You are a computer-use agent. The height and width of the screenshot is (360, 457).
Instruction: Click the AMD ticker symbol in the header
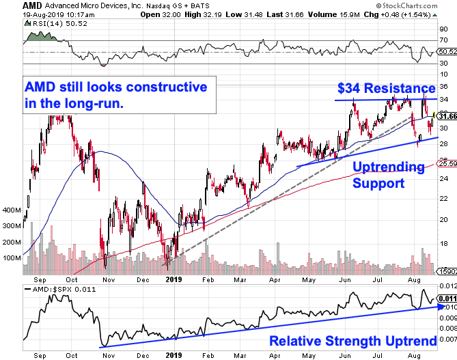click(32, 5)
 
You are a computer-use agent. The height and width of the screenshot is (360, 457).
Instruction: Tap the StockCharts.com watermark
click(406, 5)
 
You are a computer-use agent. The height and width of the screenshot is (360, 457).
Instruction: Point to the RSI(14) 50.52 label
click(59, 24)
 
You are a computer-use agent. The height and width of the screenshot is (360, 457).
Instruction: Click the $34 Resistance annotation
click(387, 88)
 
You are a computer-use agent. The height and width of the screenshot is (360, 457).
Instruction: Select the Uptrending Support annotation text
click(389, 175)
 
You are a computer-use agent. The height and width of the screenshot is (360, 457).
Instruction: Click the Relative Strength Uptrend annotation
click(353, 341)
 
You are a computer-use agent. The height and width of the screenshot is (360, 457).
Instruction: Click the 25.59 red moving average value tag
click(447, 164)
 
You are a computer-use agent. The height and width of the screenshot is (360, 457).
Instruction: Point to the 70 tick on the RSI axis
click(443, 40)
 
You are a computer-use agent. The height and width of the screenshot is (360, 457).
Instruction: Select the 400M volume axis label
click(12, 210)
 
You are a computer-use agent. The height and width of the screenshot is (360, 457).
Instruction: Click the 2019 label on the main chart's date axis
click(174, 280)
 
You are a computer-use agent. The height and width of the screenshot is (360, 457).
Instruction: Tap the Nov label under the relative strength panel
click(109, 356)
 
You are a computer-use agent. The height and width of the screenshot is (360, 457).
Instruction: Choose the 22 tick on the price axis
click(443, 199)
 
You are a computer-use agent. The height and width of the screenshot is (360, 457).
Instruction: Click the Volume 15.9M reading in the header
click(334, 14)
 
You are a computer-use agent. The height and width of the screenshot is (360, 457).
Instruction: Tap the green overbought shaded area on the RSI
click(41, 37)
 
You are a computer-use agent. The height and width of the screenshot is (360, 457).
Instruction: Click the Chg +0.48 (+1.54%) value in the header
click(398, 14)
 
